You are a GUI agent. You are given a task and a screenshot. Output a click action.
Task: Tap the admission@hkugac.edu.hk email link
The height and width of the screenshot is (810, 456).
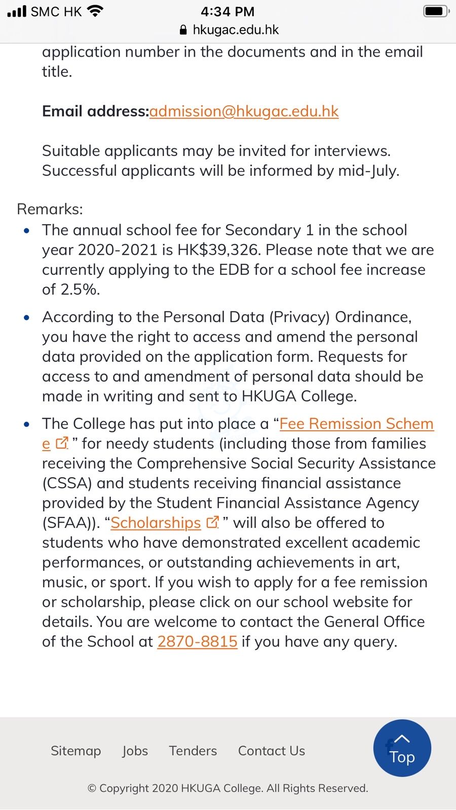[244, 111]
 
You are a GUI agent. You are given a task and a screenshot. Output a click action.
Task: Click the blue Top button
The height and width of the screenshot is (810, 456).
[402, 748]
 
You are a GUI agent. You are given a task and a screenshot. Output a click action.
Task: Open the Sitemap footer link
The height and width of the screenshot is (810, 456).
[76, 751]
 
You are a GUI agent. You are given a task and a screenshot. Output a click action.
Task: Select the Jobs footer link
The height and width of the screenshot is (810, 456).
[135, 751]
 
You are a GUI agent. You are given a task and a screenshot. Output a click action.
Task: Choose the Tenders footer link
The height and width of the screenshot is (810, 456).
[193, 751]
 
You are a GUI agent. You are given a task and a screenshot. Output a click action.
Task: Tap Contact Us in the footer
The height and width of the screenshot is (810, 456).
[272, 751]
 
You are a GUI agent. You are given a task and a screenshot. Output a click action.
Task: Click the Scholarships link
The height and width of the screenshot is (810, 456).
[156, 523]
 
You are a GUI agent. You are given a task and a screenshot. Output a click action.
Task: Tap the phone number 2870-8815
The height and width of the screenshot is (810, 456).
[197, 642]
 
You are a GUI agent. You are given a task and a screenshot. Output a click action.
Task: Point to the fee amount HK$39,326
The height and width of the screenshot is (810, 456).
[219, 250]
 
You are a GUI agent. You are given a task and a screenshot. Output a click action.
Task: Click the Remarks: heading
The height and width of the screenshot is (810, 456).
[50, 209]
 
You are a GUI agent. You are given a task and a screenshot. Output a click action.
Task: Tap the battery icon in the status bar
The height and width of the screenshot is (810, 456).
[435, 11]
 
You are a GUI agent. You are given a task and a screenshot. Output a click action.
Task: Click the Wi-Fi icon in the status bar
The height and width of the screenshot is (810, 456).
[95, 11]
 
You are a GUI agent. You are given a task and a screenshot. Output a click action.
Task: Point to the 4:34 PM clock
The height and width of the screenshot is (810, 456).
[227, 11]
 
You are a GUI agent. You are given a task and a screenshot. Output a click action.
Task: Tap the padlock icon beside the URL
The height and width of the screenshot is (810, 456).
[183, 30]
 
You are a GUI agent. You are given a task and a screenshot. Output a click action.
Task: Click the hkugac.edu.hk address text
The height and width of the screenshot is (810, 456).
[236, 30]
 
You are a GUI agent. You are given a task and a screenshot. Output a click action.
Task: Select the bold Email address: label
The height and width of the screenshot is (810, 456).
[95, 111]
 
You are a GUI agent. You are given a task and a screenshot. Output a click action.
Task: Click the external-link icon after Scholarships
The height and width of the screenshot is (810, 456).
[213, 522]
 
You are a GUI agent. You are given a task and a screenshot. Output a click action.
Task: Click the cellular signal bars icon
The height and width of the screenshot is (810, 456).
[17, 11]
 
